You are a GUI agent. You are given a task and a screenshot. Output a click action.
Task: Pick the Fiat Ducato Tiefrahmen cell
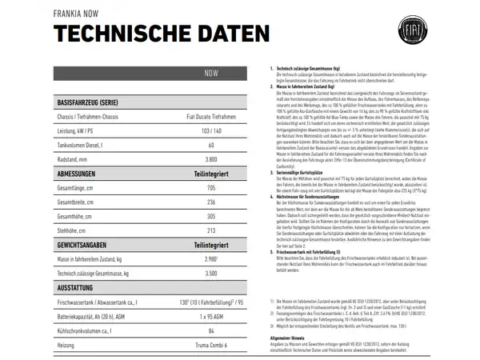click(x=211, y=118)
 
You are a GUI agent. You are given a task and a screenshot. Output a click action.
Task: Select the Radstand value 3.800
click(x=211, y=159)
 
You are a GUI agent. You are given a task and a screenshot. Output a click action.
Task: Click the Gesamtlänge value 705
click(x=211, y=188)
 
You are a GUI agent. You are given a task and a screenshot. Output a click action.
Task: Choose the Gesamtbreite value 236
click(x=211, y=202)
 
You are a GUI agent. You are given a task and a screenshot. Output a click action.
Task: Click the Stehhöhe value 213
click(x=211, y=230)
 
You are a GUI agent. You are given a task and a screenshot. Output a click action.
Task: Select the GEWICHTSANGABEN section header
click(x=90, y=245)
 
